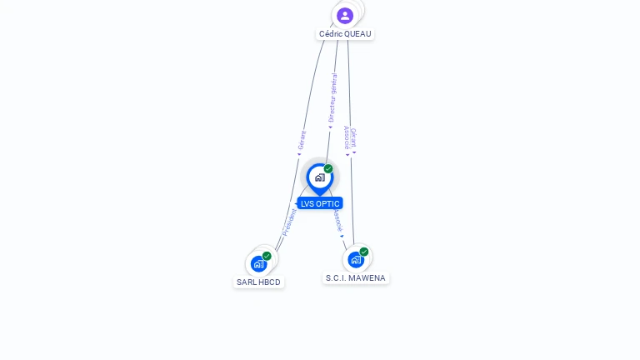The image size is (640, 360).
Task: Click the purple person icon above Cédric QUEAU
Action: pyautogui.click(x=345, y=15)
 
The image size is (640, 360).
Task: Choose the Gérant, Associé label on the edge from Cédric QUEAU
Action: pyautogui.click(x=351, y=138)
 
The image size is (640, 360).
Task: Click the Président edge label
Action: pyautogui.click(x=289, y=222)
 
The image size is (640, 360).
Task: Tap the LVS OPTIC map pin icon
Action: pyautogui.click(x=319, y=177)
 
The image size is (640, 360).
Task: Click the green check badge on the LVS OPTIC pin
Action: pyautogui.click(x=328, y=169)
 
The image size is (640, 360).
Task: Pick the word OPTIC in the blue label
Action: pyautogui.click(x=327, y=203)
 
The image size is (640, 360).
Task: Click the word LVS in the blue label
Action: pyautogui.click(x=307, y=203)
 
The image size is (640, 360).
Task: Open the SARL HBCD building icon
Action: pyautogui.click(x=258, y=264)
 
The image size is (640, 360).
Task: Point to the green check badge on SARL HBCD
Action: pyautogui.click(x=267, y=256)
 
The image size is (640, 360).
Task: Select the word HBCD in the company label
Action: pyautogui.click(x=270, y=282)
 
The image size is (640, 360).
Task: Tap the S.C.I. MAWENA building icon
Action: pyautogui.click(x=356, y=259)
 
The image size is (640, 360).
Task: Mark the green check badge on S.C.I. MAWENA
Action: pyautogui.click(x=364, y=252)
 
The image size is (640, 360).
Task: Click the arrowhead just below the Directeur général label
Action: pyautogui.click(x=330, y=127)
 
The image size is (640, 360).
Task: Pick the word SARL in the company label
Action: pyautogui.click(x=247, y=282)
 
